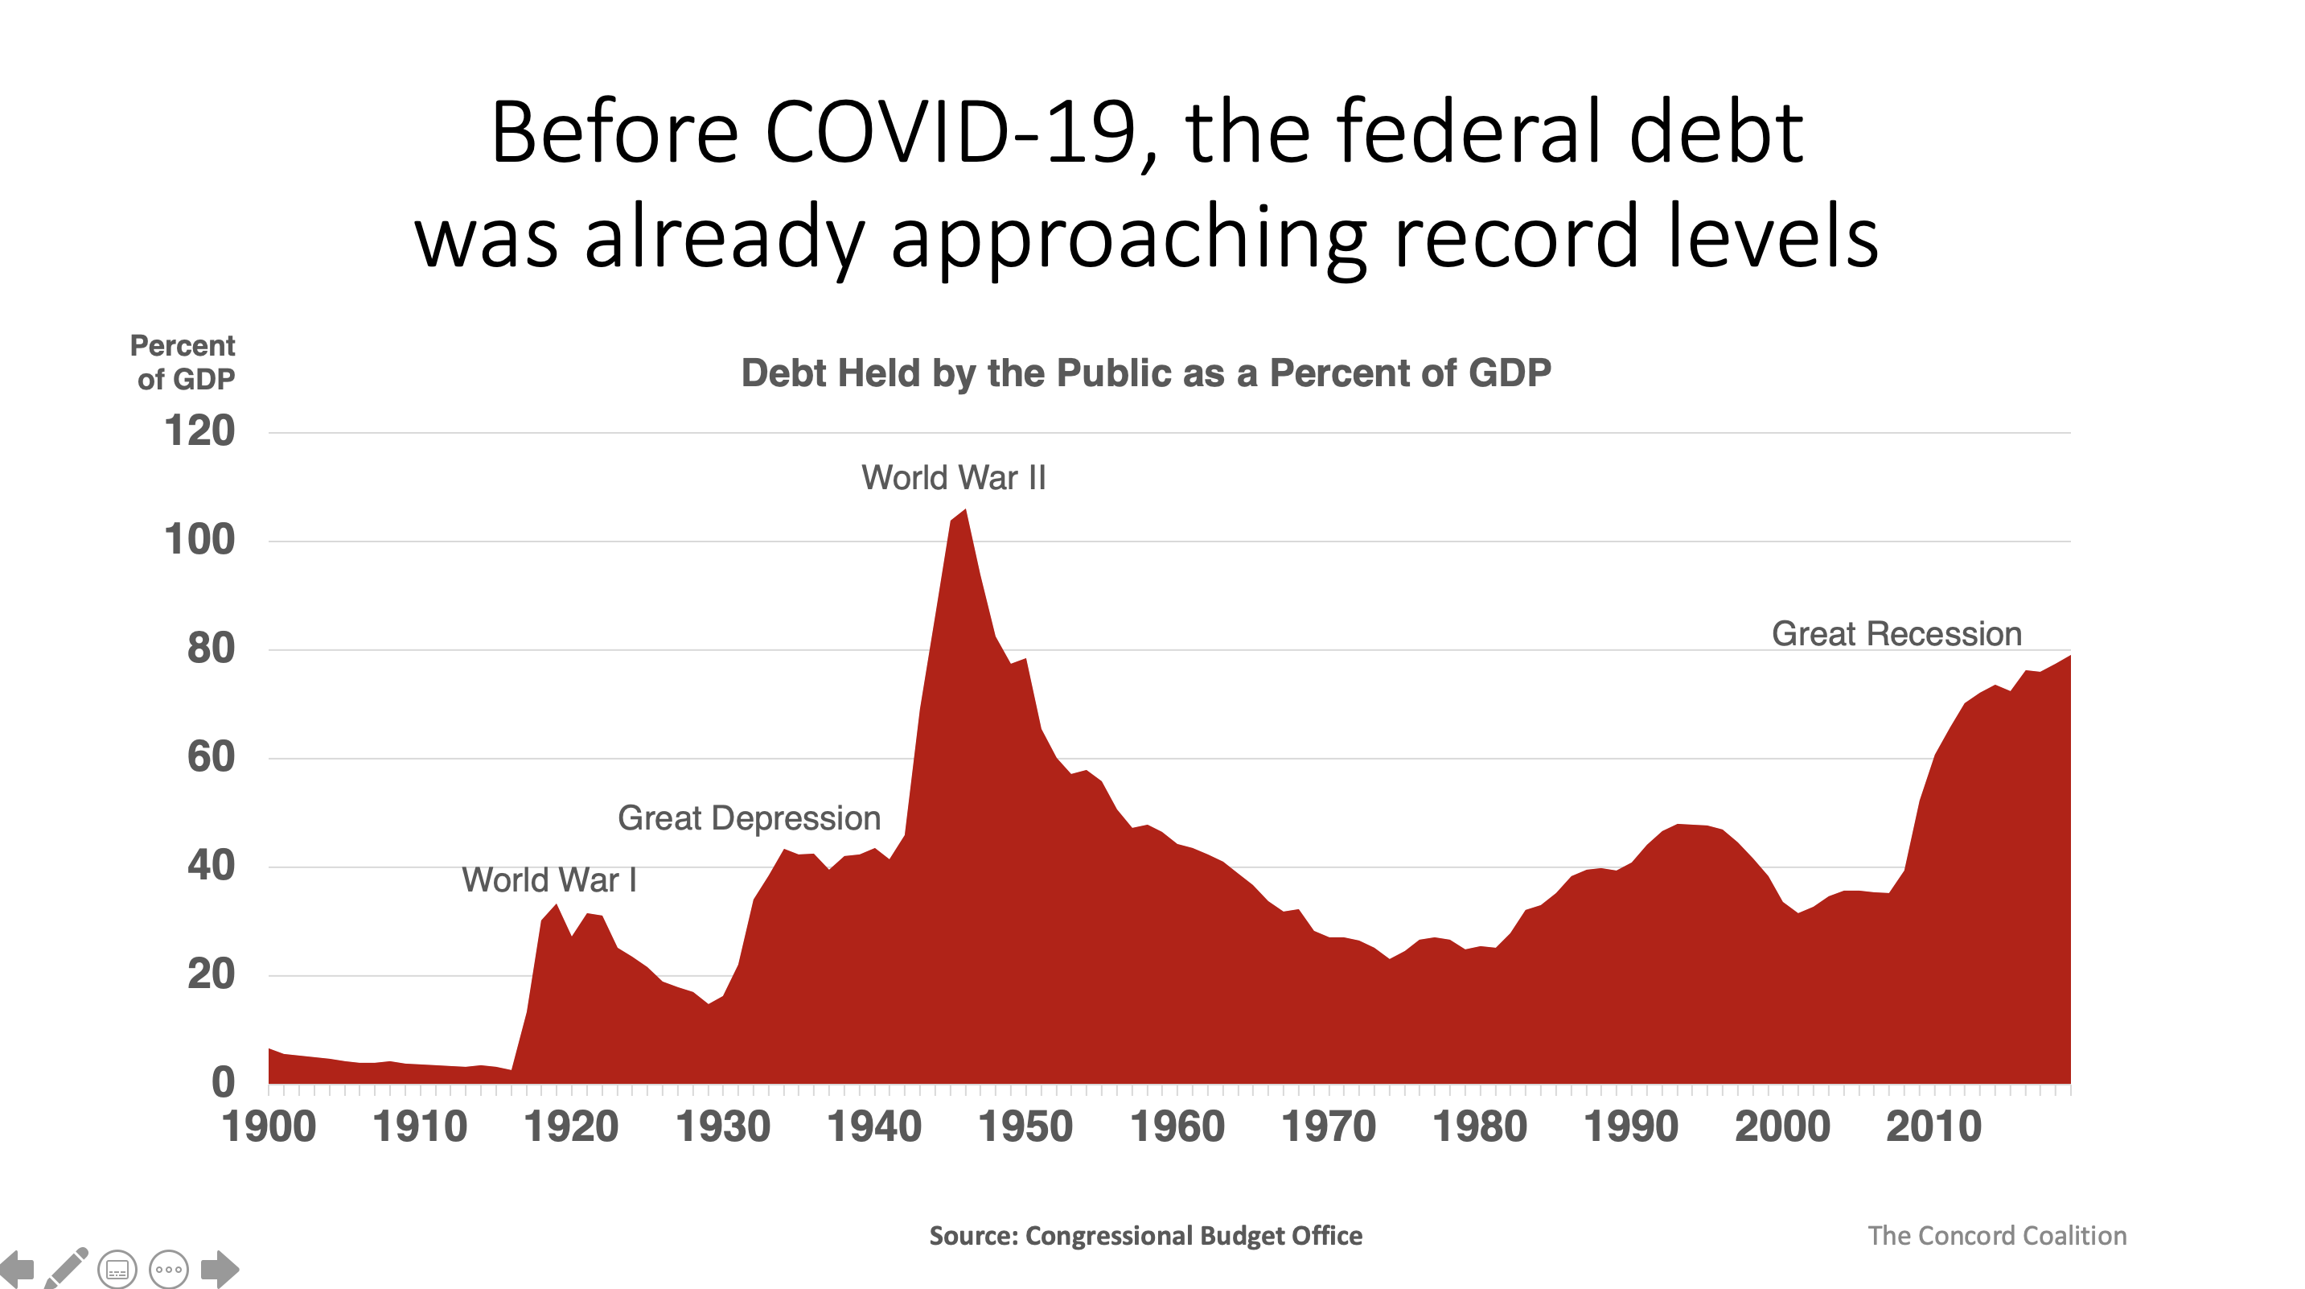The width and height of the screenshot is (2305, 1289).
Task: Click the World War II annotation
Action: coord(953,478)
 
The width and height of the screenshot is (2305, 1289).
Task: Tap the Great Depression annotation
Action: coord(749,818)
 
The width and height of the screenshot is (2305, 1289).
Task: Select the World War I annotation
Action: coord(549,880)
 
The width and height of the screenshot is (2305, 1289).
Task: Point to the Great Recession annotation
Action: coord(1896,634)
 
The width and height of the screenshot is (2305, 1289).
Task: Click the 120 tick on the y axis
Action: coord(199,431)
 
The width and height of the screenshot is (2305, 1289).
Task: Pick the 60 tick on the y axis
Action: coord(212,757)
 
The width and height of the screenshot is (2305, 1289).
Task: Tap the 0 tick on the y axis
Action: coord(223,1083)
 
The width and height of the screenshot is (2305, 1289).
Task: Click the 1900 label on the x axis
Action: coord(269,1127)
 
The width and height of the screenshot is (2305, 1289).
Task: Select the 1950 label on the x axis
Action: coord(1025,1127)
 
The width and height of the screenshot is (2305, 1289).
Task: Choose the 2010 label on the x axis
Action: coord(1933,1127)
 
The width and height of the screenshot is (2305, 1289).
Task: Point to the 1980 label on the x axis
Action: coord(1480,1127)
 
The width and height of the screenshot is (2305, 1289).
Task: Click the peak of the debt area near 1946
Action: coord(964,511)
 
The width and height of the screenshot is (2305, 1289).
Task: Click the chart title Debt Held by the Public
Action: coord(1145,373)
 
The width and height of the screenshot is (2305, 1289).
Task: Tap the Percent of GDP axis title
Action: coord(183,363)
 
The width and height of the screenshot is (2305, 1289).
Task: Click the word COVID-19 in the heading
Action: coord(961,134)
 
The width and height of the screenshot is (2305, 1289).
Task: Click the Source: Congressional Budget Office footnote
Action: coord(1145,1236)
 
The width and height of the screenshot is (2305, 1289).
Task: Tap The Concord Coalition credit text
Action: coord(1996,1236)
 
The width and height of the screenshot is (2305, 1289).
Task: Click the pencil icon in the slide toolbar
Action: coord(67,1267)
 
